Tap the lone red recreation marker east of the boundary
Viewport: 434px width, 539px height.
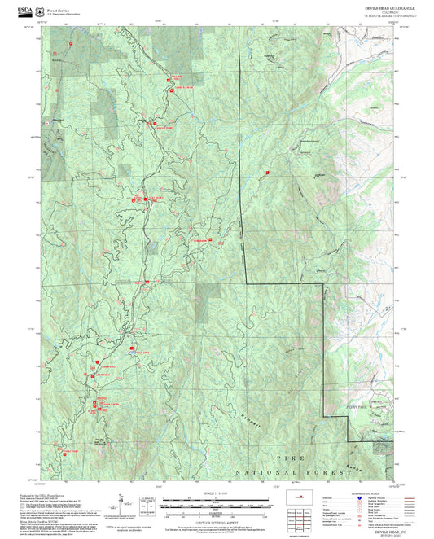coord(268,173)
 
